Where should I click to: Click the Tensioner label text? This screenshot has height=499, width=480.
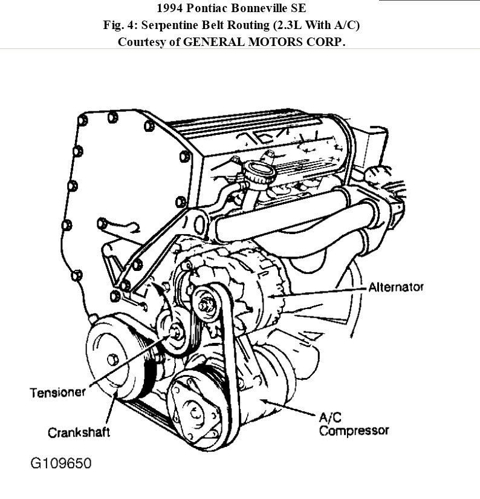pyautogui.click(x=59, y=393)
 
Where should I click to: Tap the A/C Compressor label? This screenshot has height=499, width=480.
pyautogui.click(x=354, y=425)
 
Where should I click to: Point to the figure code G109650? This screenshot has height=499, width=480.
pyautogui.click(x=60, y=465)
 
